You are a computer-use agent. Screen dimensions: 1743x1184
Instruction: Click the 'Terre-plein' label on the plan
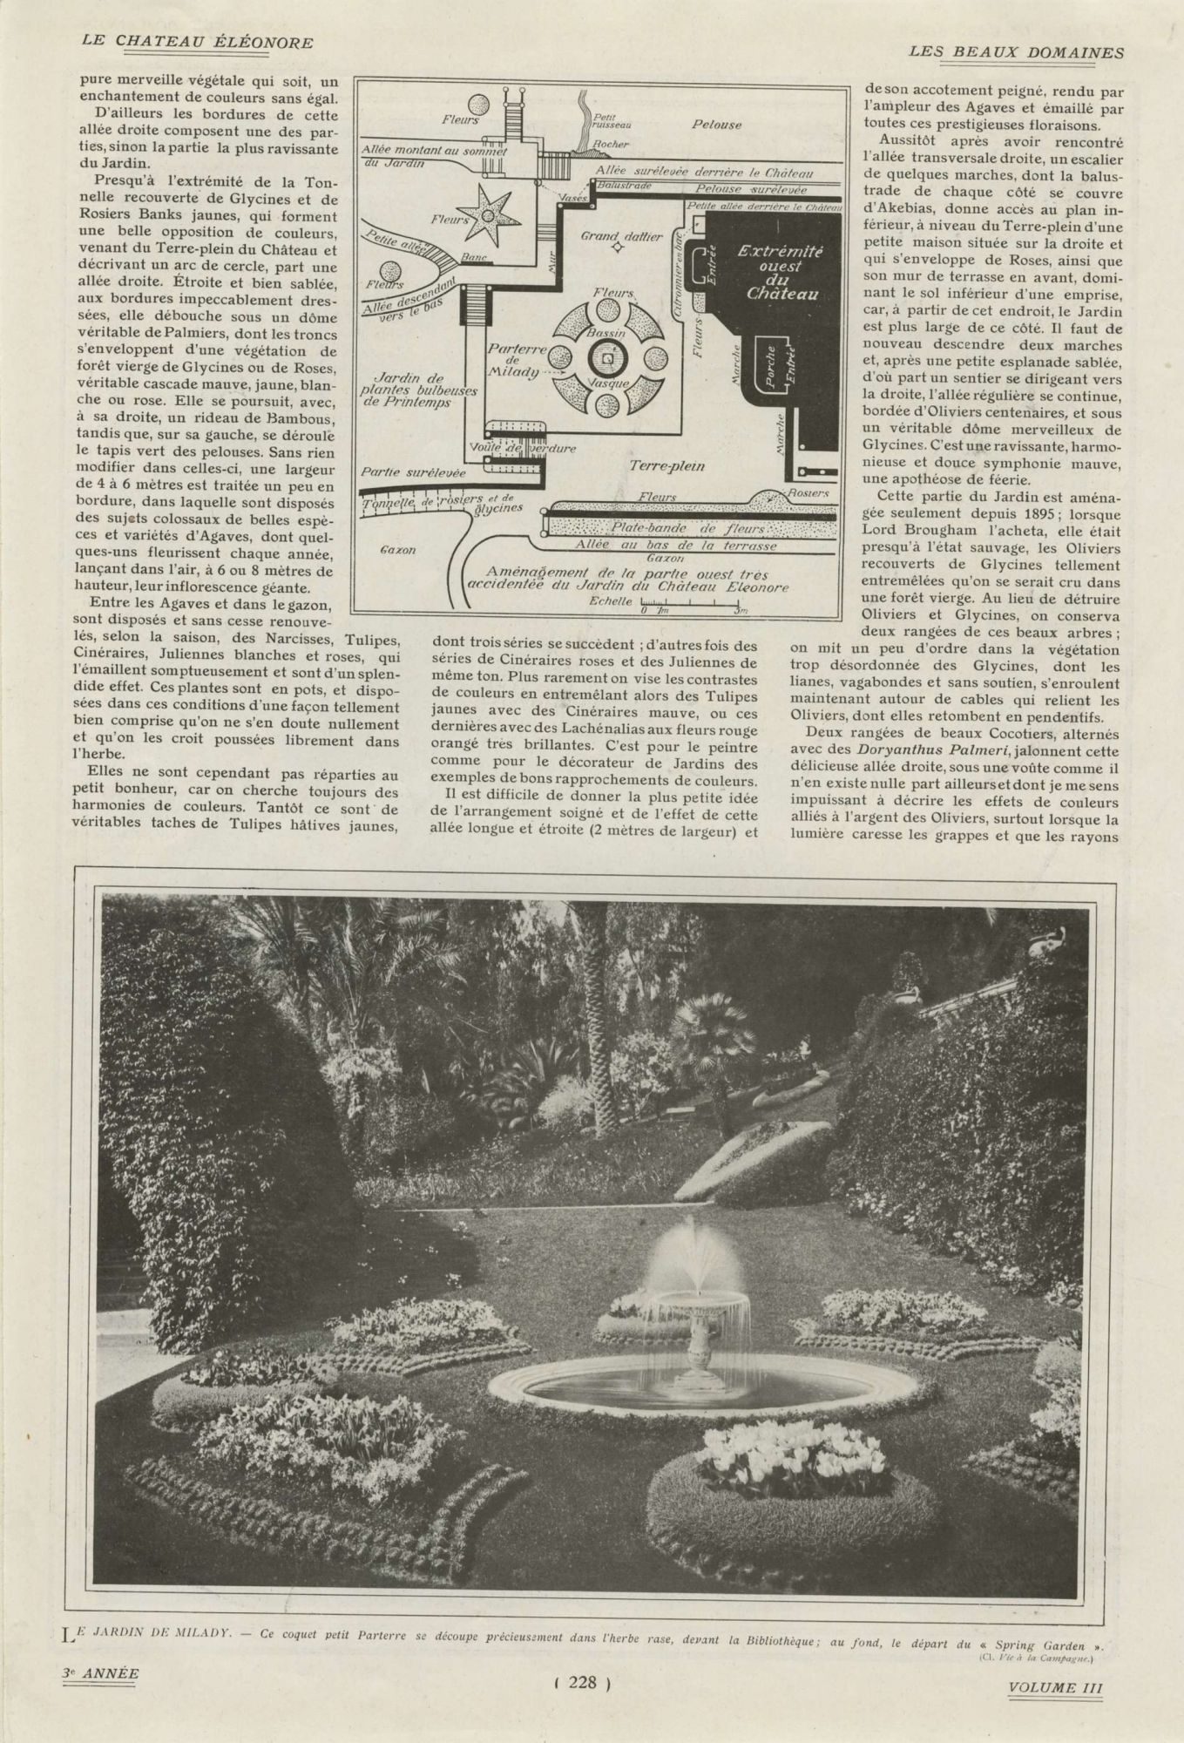click(666, 466)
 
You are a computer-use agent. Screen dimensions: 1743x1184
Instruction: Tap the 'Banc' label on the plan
click(474, 258)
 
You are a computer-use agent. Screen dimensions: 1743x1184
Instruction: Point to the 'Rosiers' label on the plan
click(808, 492)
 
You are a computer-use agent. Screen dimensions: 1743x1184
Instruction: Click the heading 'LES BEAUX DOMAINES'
click(1016, 51)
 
